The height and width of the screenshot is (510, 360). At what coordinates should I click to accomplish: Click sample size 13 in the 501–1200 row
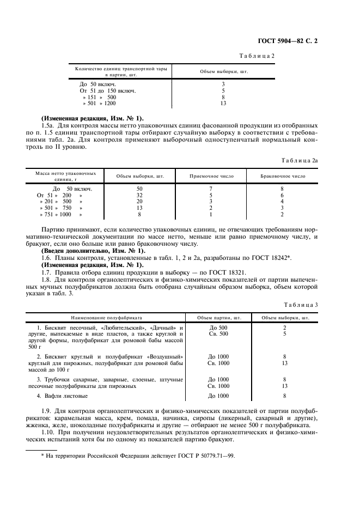pos(223,103)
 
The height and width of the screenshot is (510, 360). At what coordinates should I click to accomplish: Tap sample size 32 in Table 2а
pos(139,195)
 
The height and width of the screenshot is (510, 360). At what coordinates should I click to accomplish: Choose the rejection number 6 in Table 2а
pos(282,195)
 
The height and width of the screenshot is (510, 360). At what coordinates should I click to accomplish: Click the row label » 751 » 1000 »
pos(61,214)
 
